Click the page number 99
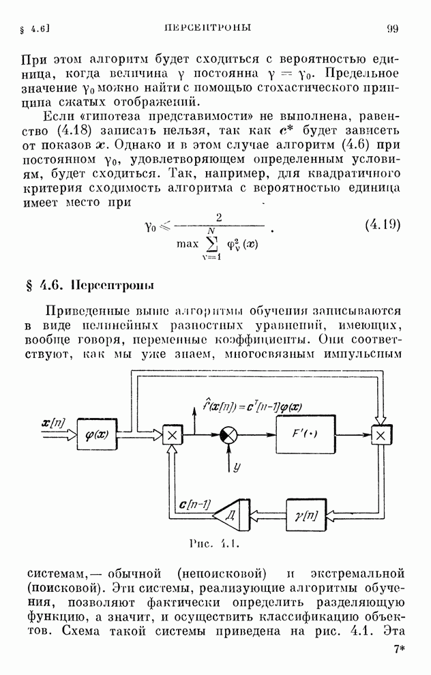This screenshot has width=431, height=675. pyautogui.click(x=393, y=28)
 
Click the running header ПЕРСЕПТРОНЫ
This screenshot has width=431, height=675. pyautogui.click(x=208, y=28)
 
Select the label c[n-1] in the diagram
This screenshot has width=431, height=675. pyautogui.click(x=194, y=505)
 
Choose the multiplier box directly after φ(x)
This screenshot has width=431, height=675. pyautogui.click(x=172, y=434)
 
